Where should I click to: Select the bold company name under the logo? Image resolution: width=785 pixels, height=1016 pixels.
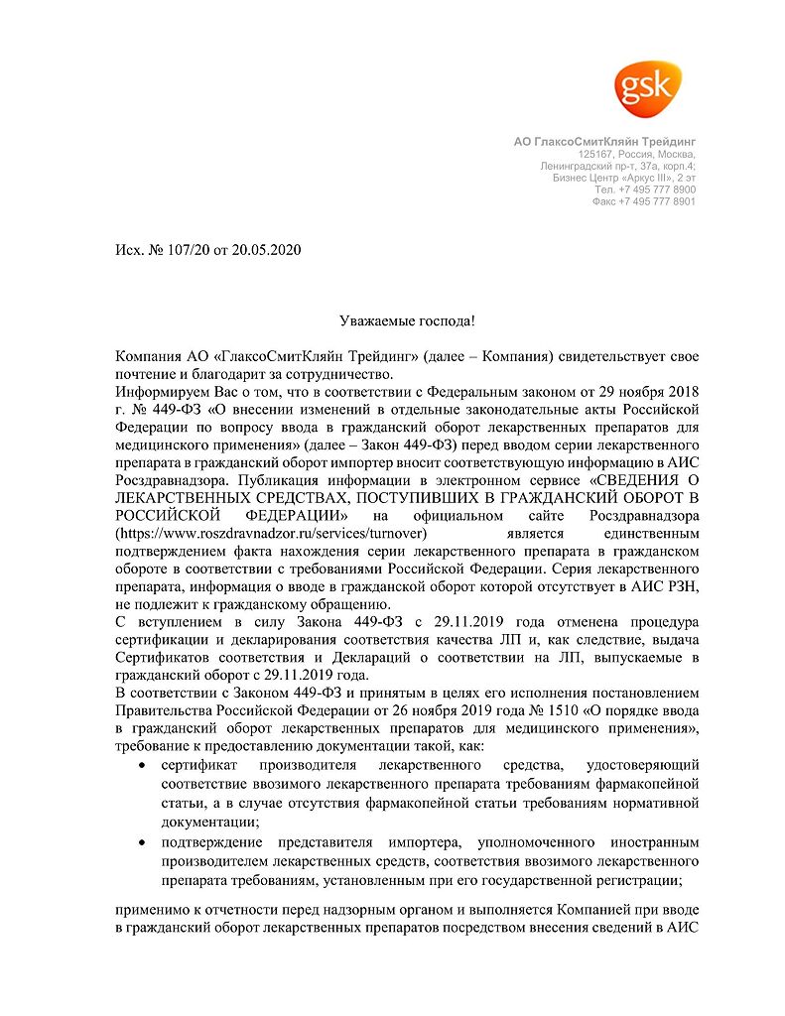point(604,142)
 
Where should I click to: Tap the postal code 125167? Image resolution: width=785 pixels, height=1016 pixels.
point(598,155)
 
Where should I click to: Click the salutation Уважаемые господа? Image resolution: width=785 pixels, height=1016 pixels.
point(392,320)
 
